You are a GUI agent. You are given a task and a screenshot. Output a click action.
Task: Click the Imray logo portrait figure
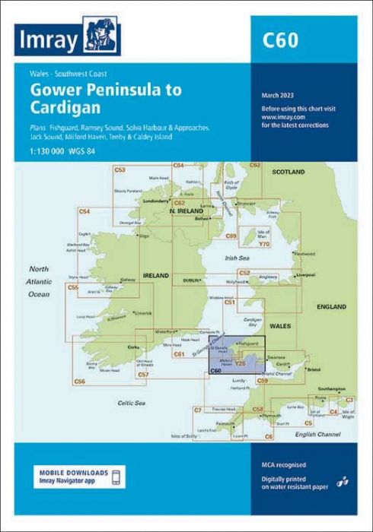pos(97,36)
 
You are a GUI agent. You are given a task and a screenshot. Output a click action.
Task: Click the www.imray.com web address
pos(278,118)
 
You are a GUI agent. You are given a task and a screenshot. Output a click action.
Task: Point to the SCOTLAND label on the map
pos(289,172)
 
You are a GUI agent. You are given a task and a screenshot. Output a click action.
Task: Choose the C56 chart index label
pos(80,381)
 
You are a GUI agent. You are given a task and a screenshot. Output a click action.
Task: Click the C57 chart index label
pos(143,375)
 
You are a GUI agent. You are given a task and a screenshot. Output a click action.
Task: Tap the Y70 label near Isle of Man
pos(264,243)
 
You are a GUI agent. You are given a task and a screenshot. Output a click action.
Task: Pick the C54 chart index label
pos(84,211)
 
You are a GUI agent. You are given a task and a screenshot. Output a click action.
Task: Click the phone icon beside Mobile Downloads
pos(116,477)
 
